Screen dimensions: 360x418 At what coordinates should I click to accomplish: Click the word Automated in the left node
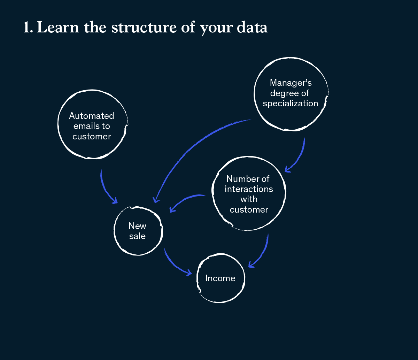tap(92, 116)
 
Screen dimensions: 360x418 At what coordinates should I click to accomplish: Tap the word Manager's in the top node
tap(291, 83)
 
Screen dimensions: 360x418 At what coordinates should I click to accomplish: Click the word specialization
tap(291, 104)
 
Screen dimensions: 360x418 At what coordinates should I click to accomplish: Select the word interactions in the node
tap(249, 189)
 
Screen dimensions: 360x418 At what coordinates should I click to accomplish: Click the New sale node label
tap(137, 231)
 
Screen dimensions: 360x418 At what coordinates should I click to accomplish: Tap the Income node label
tap(220, 278)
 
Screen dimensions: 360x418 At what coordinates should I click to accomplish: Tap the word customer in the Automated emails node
tap(92, 136)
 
